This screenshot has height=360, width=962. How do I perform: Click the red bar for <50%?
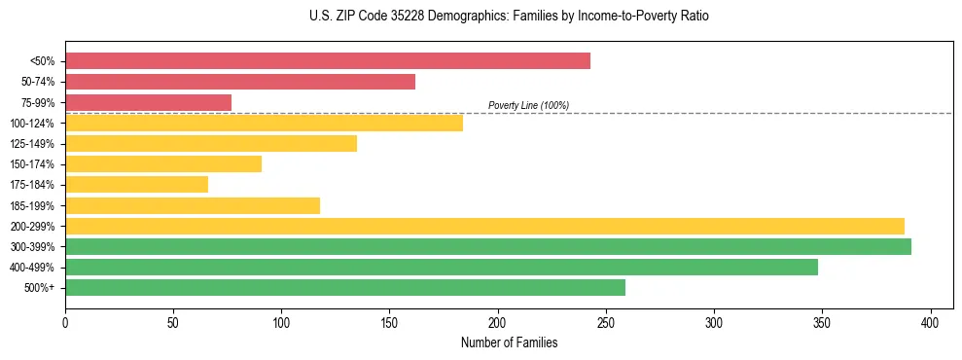pos(328,60)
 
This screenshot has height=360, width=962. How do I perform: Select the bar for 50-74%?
pos(240,82)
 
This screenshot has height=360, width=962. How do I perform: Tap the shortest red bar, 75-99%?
pos(148,102)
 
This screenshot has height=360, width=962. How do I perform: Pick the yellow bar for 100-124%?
pos(264,123)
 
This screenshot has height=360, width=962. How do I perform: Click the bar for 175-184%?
pos(136,185)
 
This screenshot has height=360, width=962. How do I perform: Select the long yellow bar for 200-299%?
pos(484,226)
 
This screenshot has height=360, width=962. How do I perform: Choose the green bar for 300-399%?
pos(488,246)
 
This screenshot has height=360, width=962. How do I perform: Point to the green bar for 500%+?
pos(345,288)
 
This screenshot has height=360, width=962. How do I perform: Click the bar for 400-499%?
pos(442,267)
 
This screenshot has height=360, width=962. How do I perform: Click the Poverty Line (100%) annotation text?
pos(528,105)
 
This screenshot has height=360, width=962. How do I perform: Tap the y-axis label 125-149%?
pos(32,144)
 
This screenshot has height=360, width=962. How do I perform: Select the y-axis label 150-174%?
pos(32,164)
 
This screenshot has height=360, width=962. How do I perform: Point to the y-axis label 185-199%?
pos(32,205)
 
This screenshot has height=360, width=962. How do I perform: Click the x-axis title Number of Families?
pos(509,342)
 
